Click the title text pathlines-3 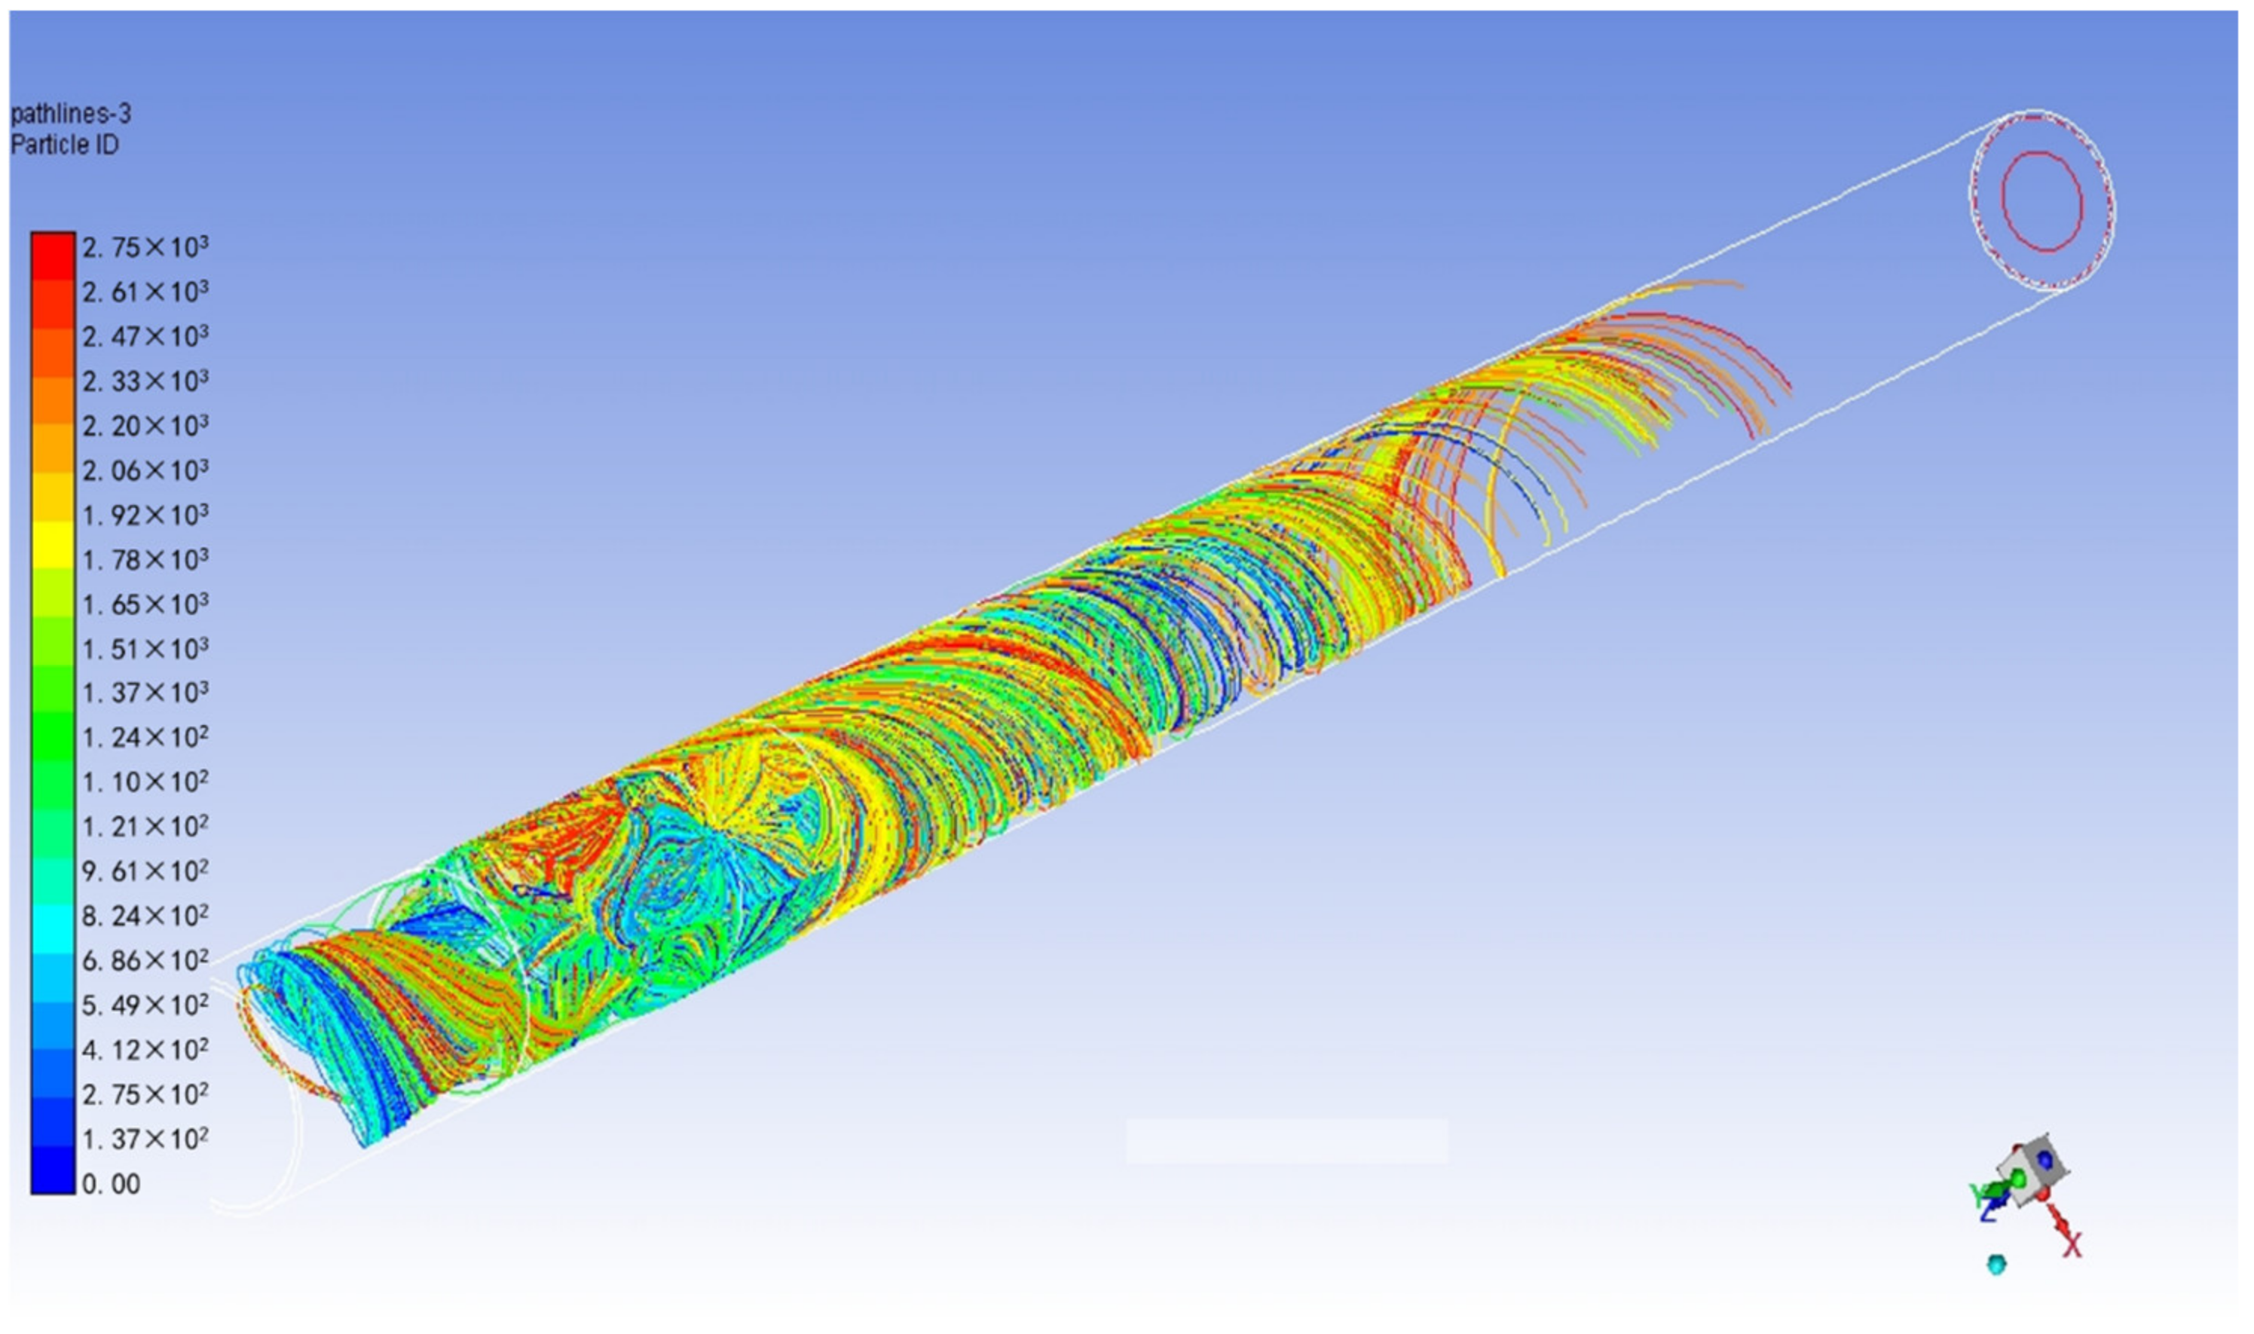pyautogui.click(x=70, y=114)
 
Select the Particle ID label pyautogui.click(x=64, y=145)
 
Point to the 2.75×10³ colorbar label pyautogui.click(x=145, y=246)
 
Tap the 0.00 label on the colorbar pyautogui.click(x=112, y=1185)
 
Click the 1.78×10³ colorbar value pyautogui.click(x=145, y=559)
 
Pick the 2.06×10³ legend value pyautogui.click(x=145, y=470)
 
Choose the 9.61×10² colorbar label pyautogui.click(x=145, y=871)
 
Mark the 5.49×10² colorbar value pyautogui.click(x=145, y=1005)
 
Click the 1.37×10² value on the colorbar pyautogui.click(x=145, y=1139)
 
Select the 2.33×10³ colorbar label pyautogui.click(x=145, y=381)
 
